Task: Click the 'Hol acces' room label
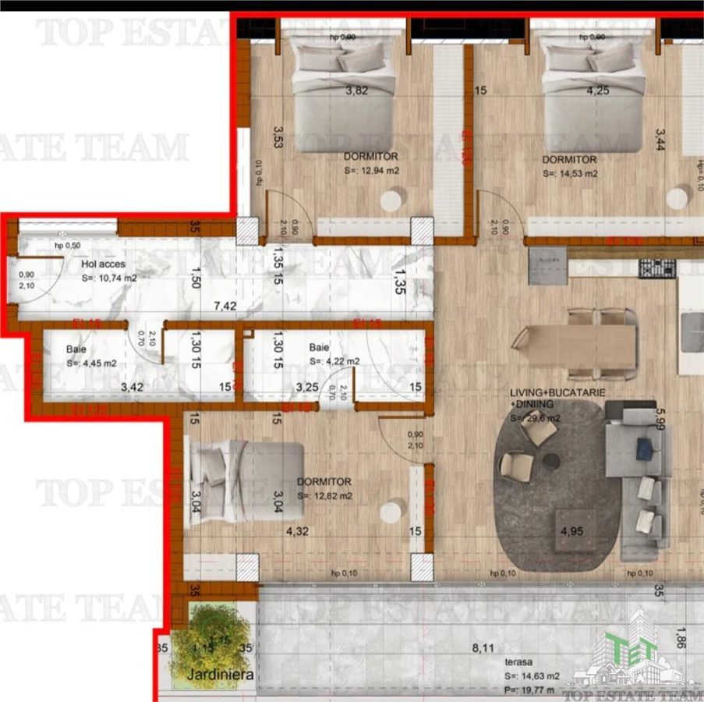[x=103, y=264]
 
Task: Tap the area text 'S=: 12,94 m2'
[x=371, y=171]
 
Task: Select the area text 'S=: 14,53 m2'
[x=570, y=173]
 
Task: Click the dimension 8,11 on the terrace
[x=484, y=647]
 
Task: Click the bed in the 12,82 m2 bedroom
[x=246, y=480]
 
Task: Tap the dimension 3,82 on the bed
[x=356, y=90]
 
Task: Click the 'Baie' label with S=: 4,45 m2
[x=77, y=349]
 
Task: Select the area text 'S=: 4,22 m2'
[x=334, y=361]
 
